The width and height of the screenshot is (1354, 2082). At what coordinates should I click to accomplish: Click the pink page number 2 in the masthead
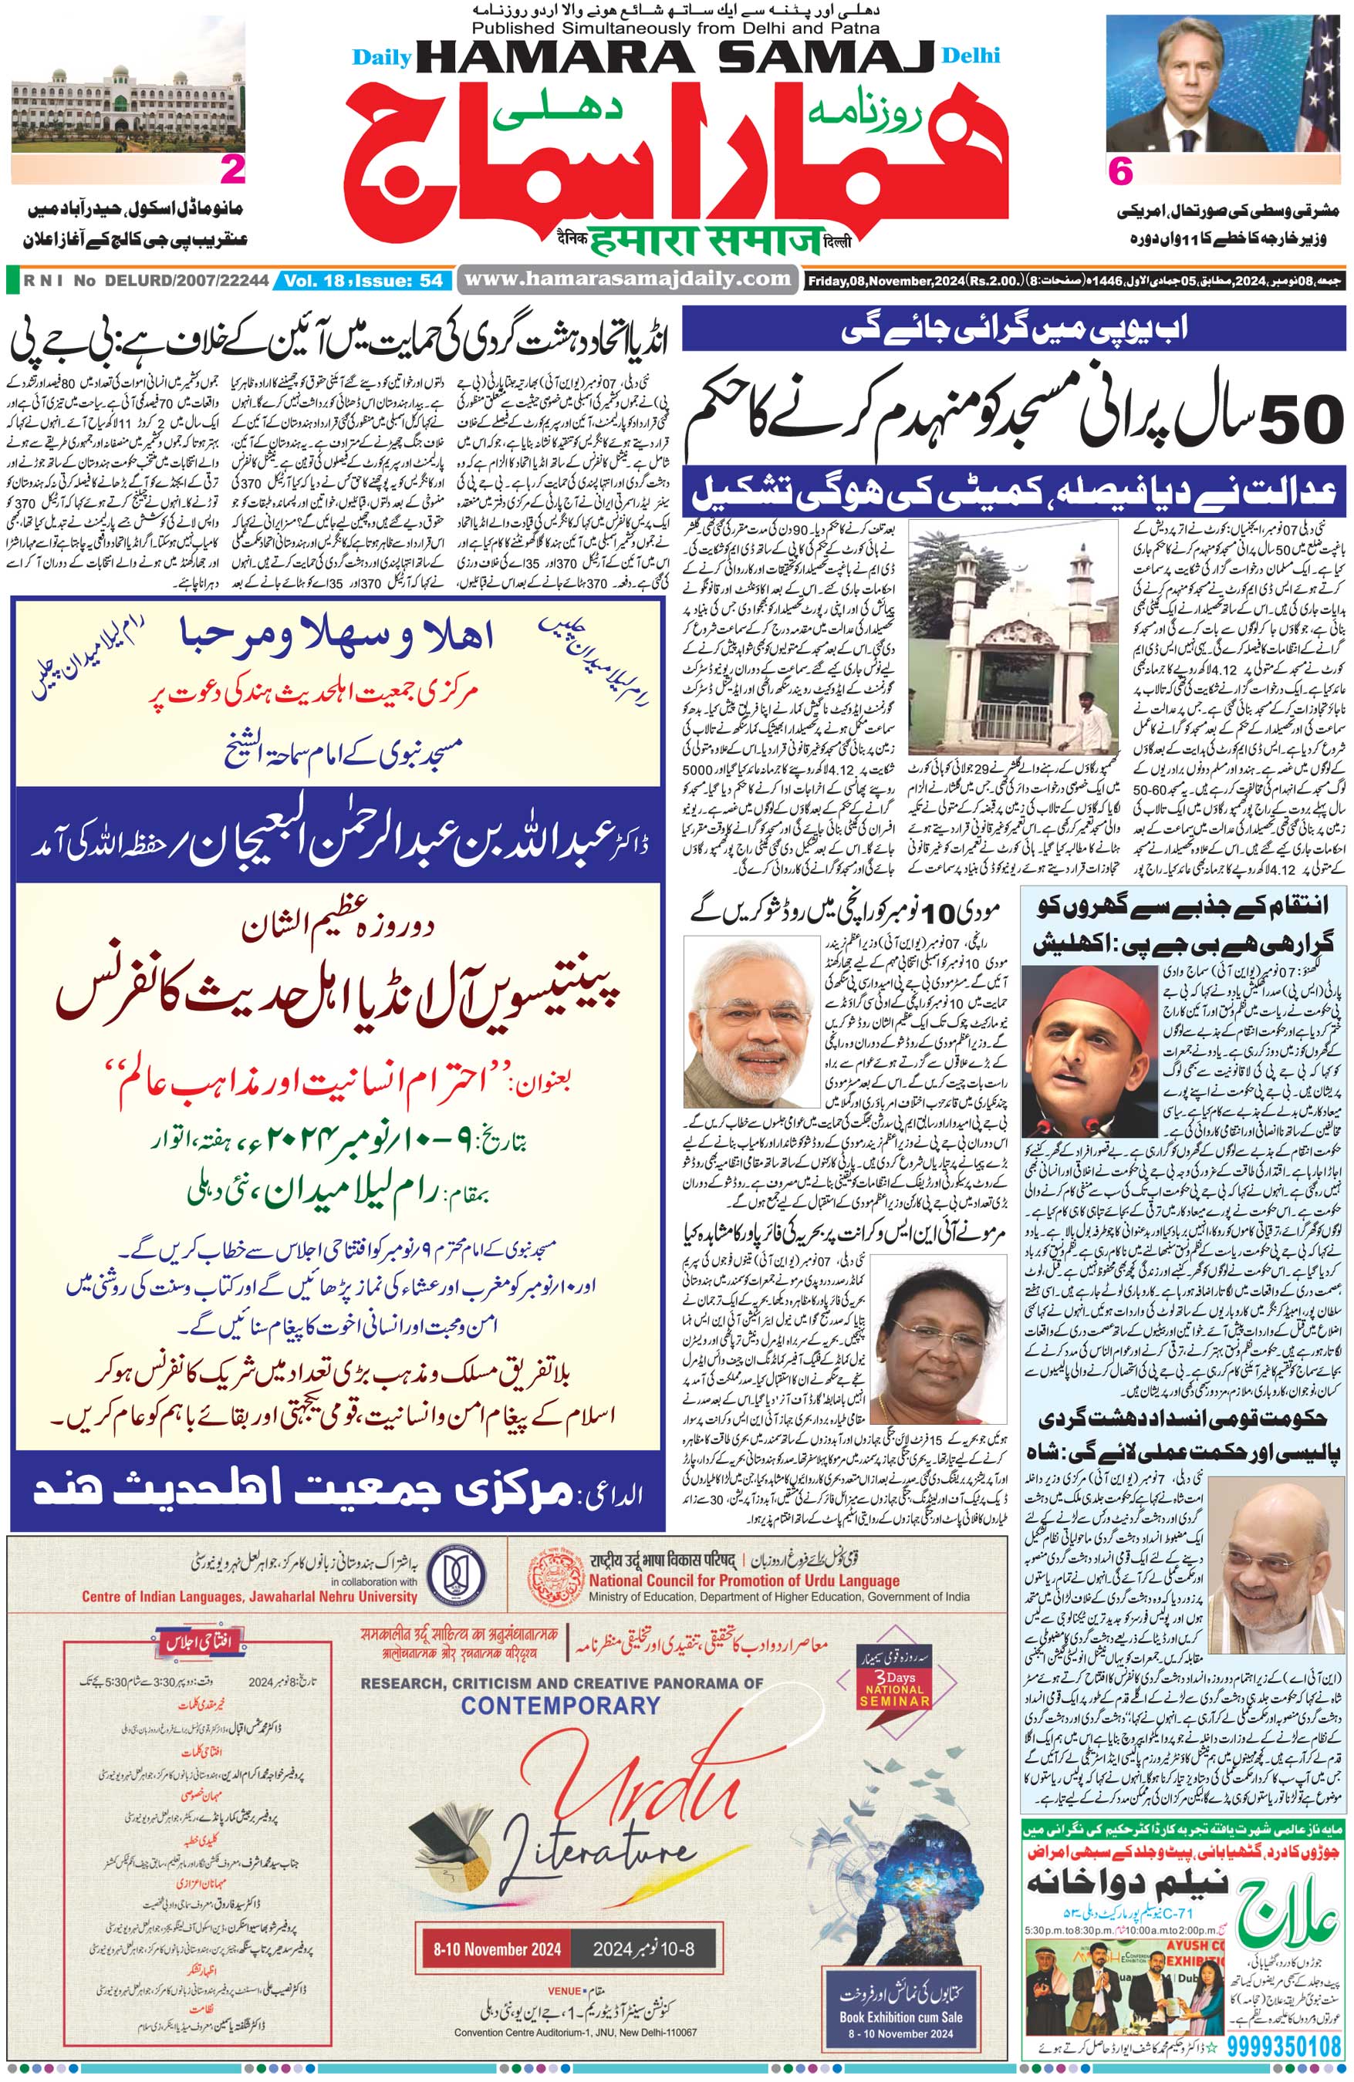click(x=233, y=170)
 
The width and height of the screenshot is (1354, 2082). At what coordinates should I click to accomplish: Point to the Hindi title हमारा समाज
click(x=706, y=241)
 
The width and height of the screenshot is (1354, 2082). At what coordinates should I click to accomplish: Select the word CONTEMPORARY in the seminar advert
click(x=561, y=1704)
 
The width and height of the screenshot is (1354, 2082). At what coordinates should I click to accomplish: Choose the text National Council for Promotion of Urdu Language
click(x=744, y=1580)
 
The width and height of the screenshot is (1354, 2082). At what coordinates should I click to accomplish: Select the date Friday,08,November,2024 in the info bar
click(x=885, y=281)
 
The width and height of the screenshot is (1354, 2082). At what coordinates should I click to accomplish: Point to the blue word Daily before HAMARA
click(x=381, y=58)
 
